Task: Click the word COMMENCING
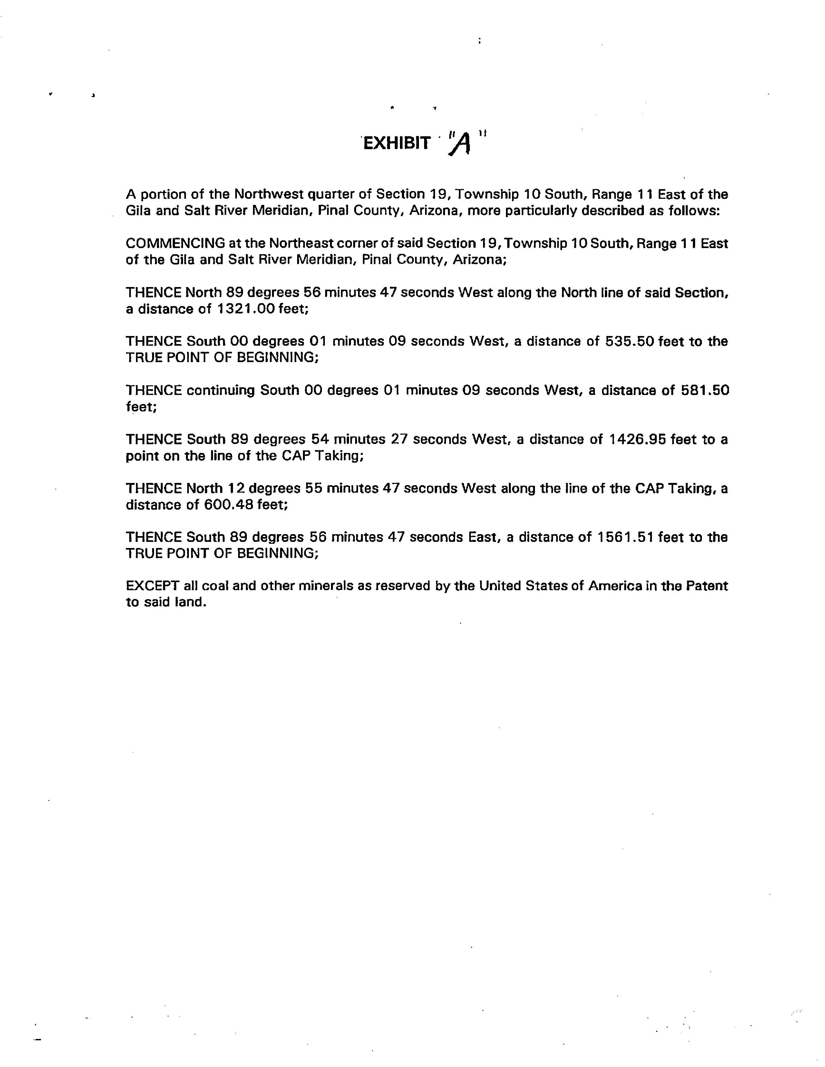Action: click(x=175, y=243)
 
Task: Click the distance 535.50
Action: click(x=629, y=341)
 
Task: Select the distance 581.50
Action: click(x=704, y=390)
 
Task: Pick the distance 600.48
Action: click(x=226, y=505)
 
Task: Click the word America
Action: click(x=615, y=585)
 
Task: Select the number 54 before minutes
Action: click(x=320, y=439)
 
